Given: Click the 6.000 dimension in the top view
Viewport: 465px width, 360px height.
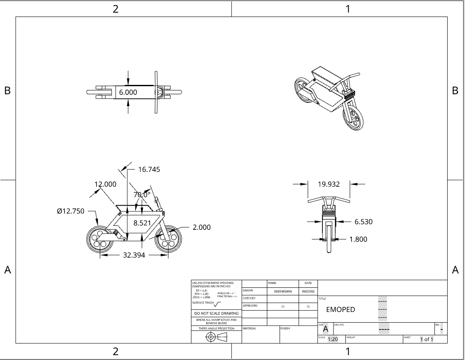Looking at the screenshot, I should [x=128, y=92].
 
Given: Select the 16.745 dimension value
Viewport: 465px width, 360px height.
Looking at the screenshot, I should [x=149, y=169].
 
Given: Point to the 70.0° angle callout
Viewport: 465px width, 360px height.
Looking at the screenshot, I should [x=142, y=194].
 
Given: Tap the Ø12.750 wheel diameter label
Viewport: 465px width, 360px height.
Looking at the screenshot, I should [x=70, y=211].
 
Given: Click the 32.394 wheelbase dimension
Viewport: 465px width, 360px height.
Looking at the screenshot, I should [x=134, y=255].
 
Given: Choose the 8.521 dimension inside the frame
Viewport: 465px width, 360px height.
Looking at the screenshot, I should [x=142, y=223].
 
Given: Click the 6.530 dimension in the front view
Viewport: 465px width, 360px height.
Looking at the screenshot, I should [x=364, y=221].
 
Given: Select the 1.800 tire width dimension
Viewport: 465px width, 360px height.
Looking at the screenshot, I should [x=358, y=239].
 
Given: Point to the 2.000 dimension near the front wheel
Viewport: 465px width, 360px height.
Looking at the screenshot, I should [x=201, y=227].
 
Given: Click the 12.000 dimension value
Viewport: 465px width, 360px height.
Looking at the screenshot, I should [x=105, y=184].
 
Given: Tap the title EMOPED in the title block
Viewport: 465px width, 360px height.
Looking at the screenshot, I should [x=340, y=309].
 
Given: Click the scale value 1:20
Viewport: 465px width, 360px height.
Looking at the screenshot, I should [x=333, y=339].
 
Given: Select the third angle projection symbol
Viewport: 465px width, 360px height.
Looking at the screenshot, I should [x=216, y=337].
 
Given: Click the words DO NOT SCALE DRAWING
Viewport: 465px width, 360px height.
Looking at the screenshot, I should [x=216, y=313].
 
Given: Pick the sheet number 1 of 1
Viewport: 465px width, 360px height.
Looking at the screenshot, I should [x=426, y=339].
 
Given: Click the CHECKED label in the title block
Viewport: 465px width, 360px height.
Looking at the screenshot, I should [x=249, y=298].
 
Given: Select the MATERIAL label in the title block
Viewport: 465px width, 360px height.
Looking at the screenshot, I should [x=249, y=328].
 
